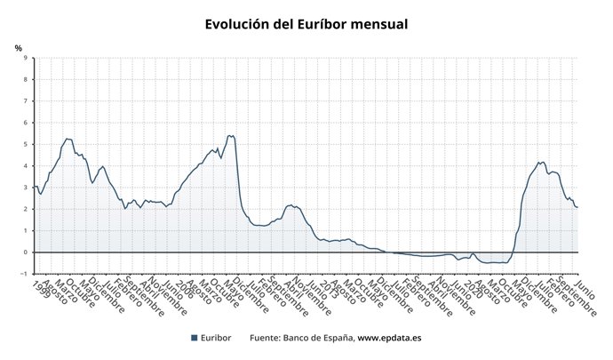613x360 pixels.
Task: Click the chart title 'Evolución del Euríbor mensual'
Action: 306,24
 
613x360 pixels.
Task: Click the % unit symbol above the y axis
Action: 19,47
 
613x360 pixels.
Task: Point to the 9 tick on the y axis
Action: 25,59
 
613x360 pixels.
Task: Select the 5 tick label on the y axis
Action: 25,145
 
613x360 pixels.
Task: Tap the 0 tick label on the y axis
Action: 25,252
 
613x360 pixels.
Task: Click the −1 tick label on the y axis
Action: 23,274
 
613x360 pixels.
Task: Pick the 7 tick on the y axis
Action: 25,101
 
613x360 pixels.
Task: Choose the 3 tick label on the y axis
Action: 25,188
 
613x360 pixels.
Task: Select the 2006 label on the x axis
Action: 184,287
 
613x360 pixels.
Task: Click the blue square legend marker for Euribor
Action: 195,338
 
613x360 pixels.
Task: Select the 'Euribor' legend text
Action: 217,338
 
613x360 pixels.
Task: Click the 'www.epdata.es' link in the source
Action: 389,338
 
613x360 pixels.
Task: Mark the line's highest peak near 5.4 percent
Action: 231,135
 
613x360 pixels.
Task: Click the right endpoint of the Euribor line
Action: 577,207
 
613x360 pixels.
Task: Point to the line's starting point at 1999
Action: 34,186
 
